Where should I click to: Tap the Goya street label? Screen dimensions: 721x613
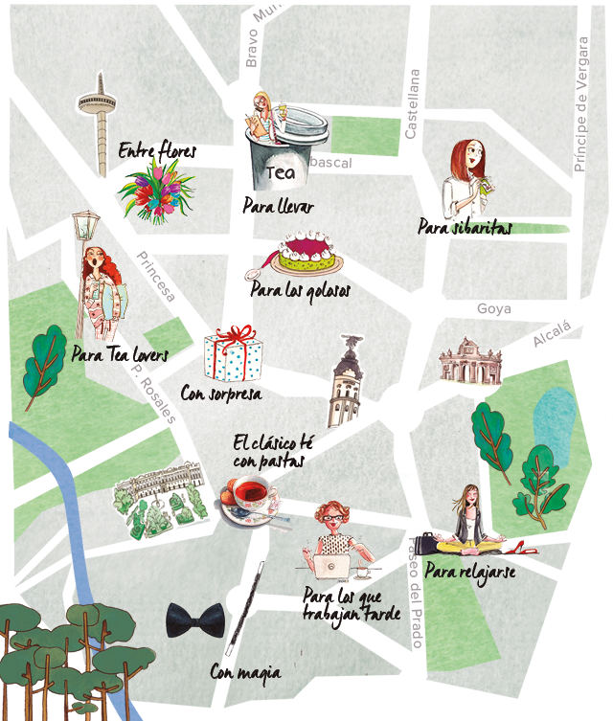[x=494, y=309]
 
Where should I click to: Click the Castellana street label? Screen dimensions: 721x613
[x=413, y=104]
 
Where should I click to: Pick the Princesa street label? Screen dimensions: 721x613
[x=155, y=277]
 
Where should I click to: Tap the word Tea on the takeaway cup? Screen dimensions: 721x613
[x=279, y=173]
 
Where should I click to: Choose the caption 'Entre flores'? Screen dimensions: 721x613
[x=157, y=150]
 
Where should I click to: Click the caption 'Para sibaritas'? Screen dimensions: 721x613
[x=465, y=227]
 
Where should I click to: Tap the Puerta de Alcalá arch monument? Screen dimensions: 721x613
[x=470, y=364]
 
